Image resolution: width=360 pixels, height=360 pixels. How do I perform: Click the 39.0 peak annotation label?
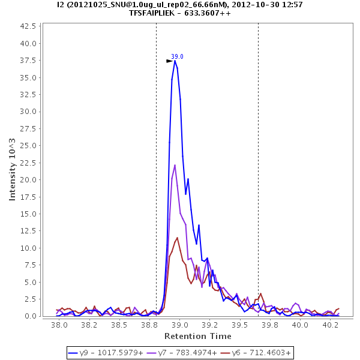click(x=177, y=56)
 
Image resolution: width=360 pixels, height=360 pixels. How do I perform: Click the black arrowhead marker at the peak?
click(x=169, y=61)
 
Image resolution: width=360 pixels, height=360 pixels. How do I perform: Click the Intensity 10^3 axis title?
click(x=13, y=170)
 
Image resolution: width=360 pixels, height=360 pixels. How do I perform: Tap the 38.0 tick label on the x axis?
click(x=59, y=325)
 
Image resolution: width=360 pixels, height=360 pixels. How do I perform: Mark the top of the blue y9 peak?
click(x=175, y=60)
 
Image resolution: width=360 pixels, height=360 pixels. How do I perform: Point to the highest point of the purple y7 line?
click(x=175, y=165)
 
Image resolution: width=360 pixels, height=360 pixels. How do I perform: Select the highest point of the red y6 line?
click(x=177, y=238)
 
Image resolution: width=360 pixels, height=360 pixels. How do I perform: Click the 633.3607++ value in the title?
click(x=208, y=13)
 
